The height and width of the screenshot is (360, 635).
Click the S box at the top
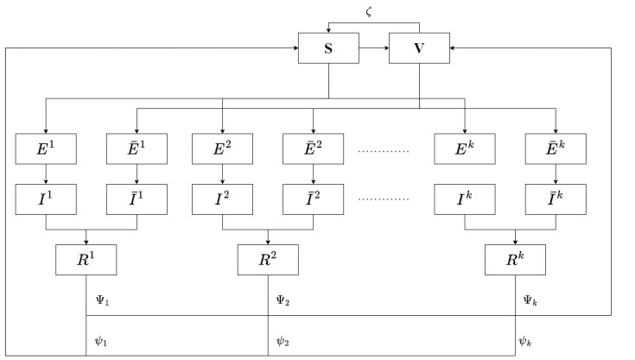(x=328, y=48)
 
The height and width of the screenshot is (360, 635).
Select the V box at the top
(x=419, y=48)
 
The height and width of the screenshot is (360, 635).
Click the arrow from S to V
(x=373, y=48)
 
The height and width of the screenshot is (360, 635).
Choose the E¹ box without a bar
(x=47, y=148)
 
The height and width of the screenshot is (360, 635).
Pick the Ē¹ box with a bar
(x=137, y=148)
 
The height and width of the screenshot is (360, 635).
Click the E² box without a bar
(x=222, y=148)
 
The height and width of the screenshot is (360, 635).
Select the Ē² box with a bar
(x=313, y=148)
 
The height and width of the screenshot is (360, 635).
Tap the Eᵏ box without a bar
(x=465, y=148)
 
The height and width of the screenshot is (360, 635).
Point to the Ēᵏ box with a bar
(x=556, y=148)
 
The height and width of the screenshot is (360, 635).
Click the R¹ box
(x=86, y=259)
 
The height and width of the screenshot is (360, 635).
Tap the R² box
(x=268, y=259)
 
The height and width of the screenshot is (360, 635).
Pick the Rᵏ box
(x=516, y=259)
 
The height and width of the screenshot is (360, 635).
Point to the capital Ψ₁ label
(x=102, y=301)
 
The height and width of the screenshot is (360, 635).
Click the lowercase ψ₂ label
(x=283, y=341)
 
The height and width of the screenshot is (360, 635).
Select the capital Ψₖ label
(x=532, y=301)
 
